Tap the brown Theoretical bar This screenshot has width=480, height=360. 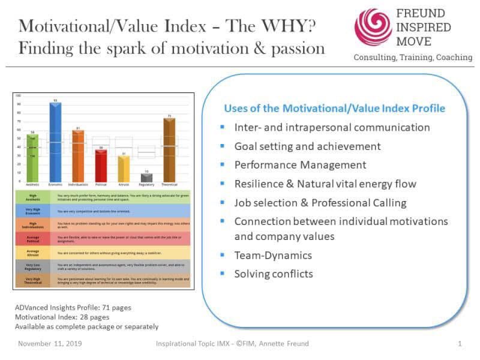[x=169, y=150]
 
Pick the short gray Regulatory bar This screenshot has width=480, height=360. [x=146, y=178]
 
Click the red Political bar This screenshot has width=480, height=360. [x=101, y=166]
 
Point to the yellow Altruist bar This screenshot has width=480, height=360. [x=124, y=169]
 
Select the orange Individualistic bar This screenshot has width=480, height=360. [x=78, y=156]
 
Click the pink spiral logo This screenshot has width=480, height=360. [x=373, y=27]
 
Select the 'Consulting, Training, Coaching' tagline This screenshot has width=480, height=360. [x=413, y=58]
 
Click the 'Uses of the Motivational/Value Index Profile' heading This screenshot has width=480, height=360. [x=334, y=109]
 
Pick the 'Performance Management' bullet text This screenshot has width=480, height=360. [x=300, y=164]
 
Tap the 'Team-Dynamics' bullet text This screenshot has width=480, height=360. [x=273, y=255]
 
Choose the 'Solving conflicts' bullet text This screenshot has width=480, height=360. [x=274, y=274]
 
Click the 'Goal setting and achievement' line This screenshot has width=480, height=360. [x=307, y=146]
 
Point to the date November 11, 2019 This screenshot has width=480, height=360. [x=50, y=344]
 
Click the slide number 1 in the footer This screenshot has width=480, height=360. [x=460, y=344]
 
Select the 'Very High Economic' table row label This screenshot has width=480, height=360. [x=34, y=211]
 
